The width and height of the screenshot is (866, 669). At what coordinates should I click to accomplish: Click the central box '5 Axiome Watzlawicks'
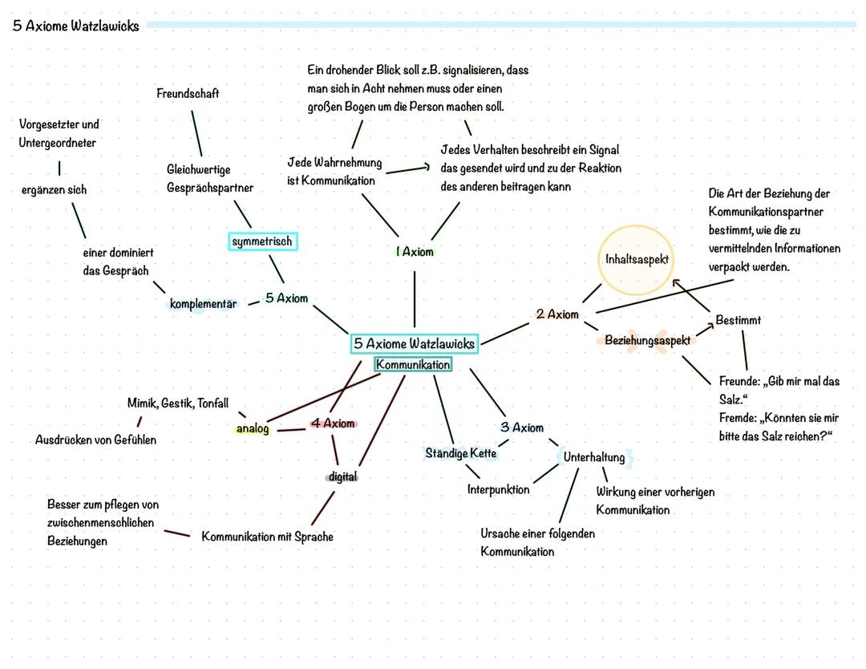pos(415,344)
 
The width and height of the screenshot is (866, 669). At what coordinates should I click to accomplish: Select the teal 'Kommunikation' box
pos(413,365)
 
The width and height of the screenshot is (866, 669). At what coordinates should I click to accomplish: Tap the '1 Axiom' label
pos(415,252)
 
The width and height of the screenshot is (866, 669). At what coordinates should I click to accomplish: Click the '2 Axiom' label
pos(557,314)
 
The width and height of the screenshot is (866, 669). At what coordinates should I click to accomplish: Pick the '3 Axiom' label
pos(522,428)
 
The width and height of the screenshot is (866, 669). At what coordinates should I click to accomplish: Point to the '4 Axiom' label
pos(333,424)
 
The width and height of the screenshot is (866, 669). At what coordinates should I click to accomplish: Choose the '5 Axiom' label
pos(286,298)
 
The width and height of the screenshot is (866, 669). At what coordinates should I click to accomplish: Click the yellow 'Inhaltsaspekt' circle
pos(637,260)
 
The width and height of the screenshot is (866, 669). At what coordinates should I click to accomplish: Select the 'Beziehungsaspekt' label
pos(647,340)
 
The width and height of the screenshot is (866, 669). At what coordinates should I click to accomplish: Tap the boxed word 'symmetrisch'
pos(262,241)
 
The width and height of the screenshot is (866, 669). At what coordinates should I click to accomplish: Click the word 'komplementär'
pos(203,304)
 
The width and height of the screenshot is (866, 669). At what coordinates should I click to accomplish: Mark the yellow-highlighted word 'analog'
pos(253,429)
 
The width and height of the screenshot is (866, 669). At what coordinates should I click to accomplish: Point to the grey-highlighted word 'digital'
pos(342,476)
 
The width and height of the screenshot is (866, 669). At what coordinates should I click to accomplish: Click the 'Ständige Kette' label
pos(461,453)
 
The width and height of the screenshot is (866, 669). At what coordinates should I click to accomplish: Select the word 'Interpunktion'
pos(498,489)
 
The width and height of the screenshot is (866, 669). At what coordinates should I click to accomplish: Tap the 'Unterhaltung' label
pos(594,457)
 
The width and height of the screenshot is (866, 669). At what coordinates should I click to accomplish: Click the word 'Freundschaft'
pos(188,94)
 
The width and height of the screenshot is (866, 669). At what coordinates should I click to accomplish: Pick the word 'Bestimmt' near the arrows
pos(739,320)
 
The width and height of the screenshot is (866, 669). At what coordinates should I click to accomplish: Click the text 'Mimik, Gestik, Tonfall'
pos(177,403)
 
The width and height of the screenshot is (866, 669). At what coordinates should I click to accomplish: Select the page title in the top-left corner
pos(76,26)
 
